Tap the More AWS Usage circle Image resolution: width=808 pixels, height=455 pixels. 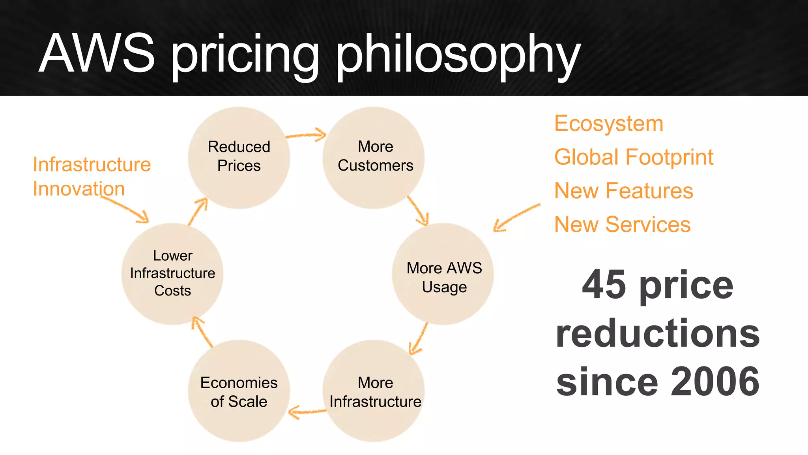click(443, 274)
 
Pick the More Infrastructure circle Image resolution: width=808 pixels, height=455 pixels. click(374, 391)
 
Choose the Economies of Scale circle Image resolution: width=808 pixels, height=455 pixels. click(239, 391)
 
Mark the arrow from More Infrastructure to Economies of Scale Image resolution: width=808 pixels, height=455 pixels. click(307, 412)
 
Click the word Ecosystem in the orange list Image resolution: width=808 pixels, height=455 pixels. click(608, 124)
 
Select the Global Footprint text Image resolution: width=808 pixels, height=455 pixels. click(634, 157)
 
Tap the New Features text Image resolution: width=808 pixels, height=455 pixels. click(623, 191)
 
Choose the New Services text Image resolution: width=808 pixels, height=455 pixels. click(622, 224)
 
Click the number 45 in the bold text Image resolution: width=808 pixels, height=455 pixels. click(604, 284)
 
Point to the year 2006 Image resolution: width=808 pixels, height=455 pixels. click(715, 381)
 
